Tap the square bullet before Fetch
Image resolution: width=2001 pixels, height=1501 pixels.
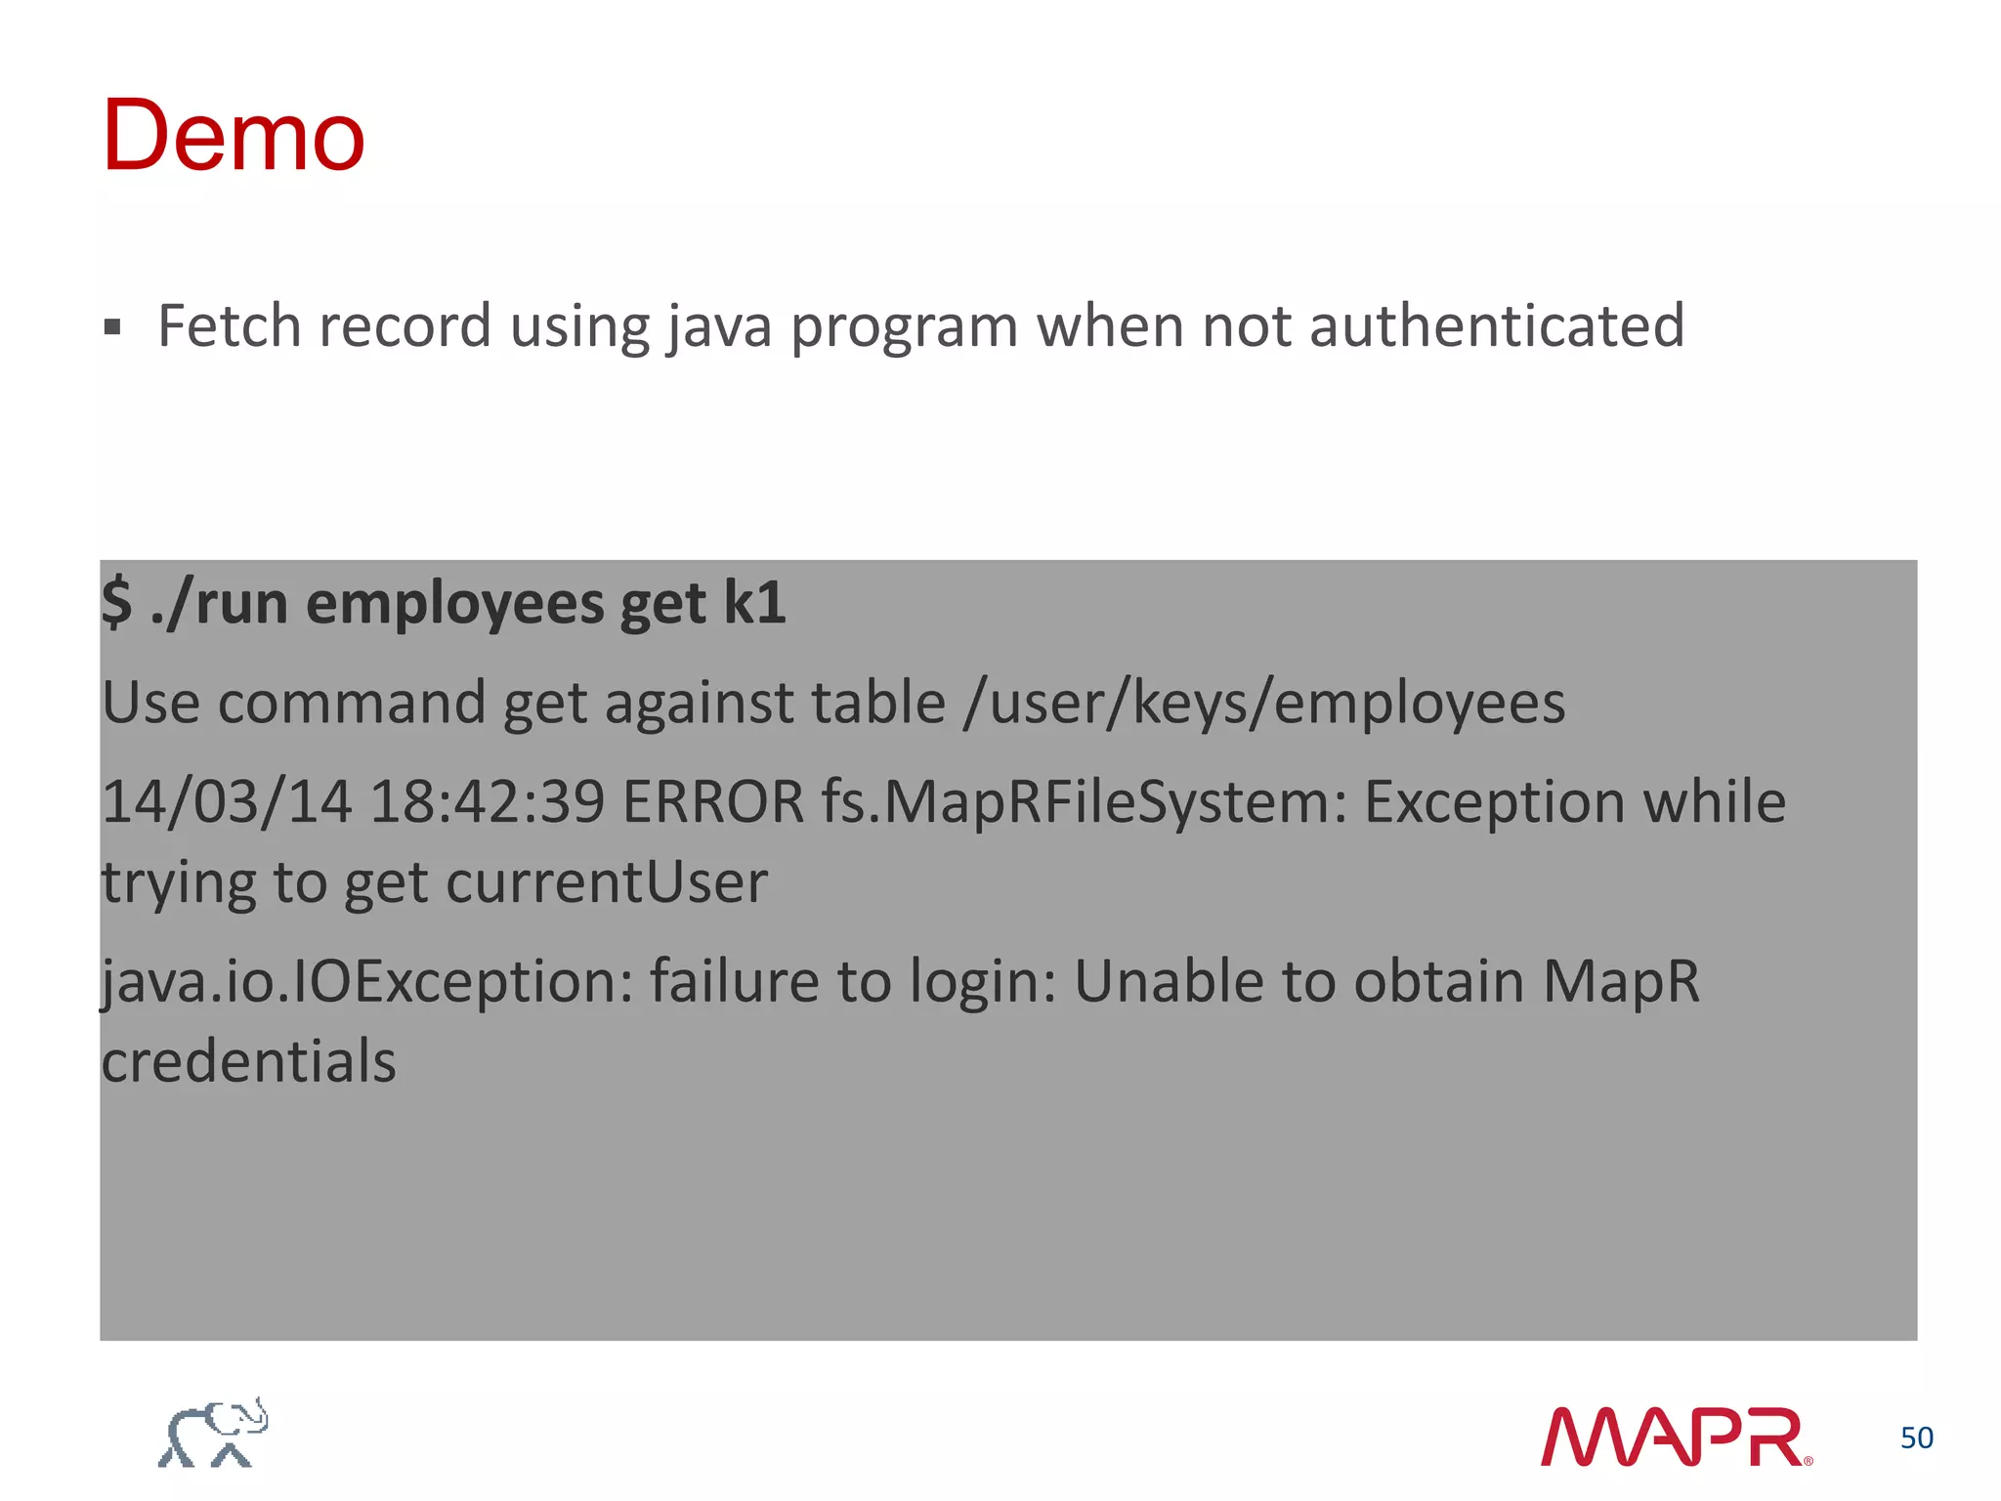pyautogui.click(x=112, y=326)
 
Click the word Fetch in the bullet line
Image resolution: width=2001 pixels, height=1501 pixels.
pyautogui.click(x=229, y=325)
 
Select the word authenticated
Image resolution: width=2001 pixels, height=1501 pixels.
pyautogui.click(x=1496, y=325)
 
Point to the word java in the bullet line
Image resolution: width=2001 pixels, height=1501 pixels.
pyautogui.click(x=720, y=327)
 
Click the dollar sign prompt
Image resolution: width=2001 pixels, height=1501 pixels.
pyautogui.click(x=116, y=602)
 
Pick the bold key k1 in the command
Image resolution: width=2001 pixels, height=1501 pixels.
pyautogui.click(x=754, y=602)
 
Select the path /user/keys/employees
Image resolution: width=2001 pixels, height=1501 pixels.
pyautogui.click(x=1263, y=704)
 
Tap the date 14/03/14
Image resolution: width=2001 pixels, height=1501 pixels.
pyautogui.click(x=226, y=802)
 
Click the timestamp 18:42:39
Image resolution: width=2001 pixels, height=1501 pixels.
pyautogui.click(x=487, y=802)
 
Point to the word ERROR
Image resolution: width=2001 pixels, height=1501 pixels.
pyautogui.click(x=713, y=802)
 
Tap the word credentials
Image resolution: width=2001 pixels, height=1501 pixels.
pyautogui.click(x=249, y=1061)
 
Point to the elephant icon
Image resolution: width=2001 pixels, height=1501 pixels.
pyautogui.click(x=213, y=1433)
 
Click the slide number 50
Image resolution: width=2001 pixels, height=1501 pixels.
pyautogui.click(x=1916, y=1437)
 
